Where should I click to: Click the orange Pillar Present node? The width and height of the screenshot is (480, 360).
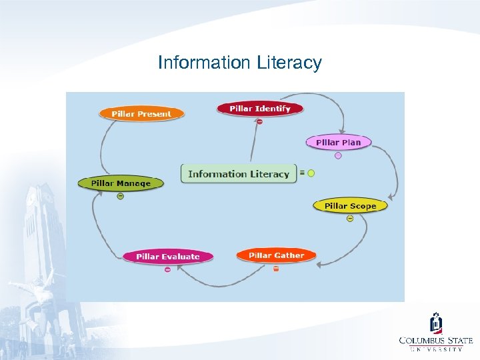(x=141, y=113)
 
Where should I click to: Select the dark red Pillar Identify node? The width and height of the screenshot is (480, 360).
(x=260, y=108)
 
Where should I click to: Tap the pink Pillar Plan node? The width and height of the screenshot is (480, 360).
(x=339, y=142)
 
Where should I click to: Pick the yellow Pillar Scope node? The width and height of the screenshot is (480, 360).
(x=350, y=205)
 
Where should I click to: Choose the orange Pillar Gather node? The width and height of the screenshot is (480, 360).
(x=276, y=255)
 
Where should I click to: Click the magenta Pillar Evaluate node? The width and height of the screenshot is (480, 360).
(x=167, y=256)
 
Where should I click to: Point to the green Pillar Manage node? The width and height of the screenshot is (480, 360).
(x=121, y=183)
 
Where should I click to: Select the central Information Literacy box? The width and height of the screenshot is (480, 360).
(x=239, y=174)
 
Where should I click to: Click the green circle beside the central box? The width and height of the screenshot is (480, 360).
(x=311, y=173)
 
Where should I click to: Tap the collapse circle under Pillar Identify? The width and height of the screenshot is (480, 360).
(x=259, y=121)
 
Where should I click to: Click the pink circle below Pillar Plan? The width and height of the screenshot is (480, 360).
(x=338, y=155)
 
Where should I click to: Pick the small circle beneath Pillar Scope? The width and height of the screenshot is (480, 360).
(x=350, y=219)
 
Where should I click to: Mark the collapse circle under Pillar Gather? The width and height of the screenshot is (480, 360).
(x=276, y=269)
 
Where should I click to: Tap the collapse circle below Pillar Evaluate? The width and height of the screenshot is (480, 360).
(x=167, y=269)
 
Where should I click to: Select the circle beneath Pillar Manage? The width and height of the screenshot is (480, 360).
(x=120, y=196)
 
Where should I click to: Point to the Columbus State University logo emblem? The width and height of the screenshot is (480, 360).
(x=435, y=323)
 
